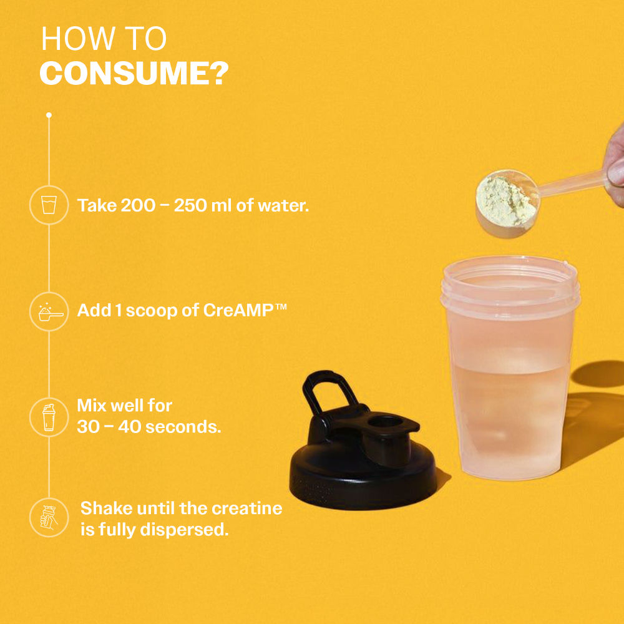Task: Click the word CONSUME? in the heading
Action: (134, 73)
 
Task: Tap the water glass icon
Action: (49, 205)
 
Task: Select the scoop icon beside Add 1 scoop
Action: (51, 312)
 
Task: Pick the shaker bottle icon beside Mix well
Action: (49, 417)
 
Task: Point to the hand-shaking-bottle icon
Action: (49, 517)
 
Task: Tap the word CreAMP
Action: (238, 310)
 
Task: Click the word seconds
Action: (183, 427)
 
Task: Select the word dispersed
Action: (184, 530)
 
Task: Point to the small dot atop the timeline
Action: (49, 115)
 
